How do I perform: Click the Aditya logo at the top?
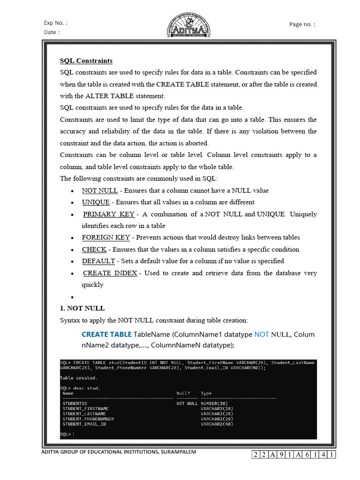tap(189, 25)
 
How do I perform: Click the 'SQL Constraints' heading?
tap(86, 61)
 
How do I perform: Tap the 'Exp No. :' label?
tap(55, 22)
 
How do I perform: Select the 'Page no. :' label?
tap(302, 24)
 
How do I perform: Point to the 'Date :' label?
tap(52, 32)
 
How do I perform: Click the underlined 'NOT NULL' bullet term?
tap(100, 191)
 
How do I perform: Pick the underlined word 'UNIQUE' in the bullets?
tap(96, 202)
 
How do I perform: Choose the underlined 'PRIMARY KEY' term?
tap(109, 214)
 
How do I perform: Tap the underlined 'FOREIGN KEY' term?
tap(106, 238)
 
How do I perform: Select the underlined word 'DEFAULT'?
tap(98, 261)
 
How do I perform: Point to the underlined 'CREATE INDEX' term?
tap(110, 273)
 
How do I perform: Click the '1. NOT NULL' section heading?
tap(82, 308)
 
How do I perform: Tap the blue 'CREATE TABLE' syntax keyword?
tap(106, 335)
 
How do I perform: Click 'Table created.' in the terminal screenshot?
tap(79, 378)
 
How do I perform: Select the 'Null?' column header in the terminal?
tap(183, 393)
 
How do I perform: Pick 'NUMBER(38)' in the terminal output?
tap(217, 404)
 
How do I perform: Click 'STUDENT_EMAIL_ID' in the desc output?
tap(84, 424)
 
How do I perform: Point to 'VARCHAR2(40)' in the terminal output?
tap(217, 424)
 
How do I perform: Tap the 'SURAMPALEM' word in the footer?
tap(179, 452)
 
